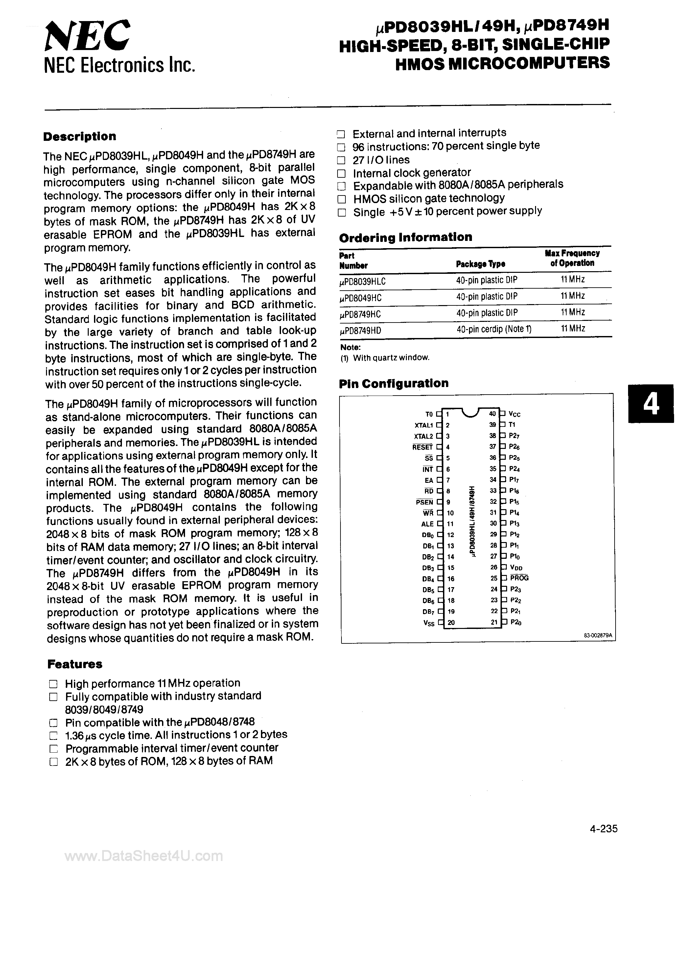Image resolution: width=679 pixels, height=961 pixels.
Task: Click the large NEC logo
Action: [87, 37]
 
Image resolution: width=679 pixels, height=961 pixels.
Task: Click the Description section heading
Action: [80, 137]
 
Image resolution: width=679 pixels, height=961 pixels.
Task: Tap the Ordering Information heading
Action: [405, 237]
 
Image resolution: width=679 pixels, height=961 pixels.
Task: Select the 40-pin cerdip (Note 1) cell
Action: [494, 329]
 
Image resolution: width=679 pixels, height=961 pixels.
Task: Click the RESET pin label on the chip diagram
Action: [422, 447]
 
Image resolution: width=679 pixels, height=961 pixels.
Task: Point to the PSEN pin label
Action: [424, 502]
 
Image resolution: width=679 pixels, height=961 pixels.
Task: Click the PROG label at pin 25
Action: [519, 578]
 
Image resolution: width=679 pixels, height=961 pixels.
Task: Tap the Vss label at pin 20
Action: [429, 622]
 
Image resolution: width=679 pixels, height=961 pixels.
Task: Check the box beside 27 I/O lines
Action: [341, 160]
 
